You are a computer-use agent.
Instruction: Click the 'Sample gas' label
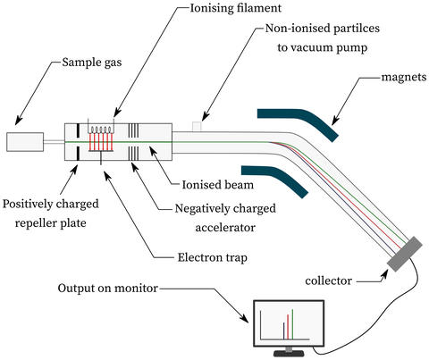pyautogui.click(x=92, y=64)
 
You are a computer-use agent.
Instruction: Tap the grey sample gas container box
pyautogui.click(x=24, y=141)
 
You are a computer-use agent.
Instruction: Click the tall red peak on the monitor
pyautogui.click(x=288, y=326)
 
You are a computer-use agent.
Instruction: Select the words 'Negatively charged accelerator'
pyautogui.click(x=227, y=218)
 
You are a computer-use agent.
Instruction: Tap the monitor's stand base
pyautogui.click(x=289, y=355)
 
